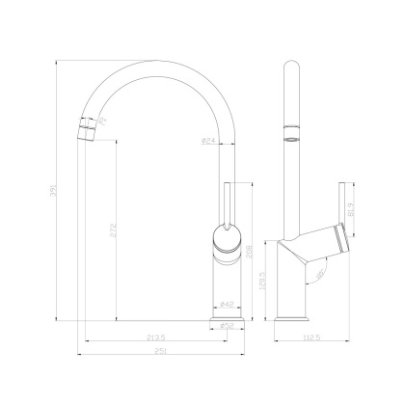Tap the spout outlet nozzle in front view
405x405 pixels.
coord(88,125)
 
